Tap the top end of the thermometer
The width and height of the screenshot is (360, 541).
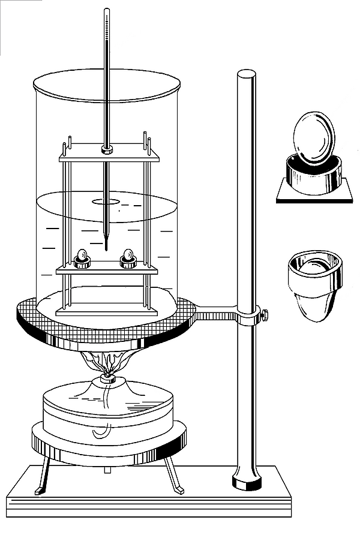click(107, 11)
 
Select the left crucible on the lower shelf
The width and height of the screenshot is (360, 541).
click(82, 259)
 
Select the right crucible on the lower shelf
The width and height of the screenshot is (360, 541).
click(128, 259)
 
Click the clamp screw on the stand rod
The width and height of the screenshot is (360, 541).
click(264, 313)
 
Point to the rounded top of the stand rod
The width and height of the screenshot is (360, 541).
click(246, 74)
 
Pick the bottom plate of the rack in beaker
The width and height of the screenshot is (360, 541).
click(108, 311)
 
